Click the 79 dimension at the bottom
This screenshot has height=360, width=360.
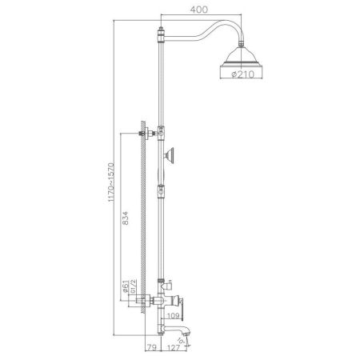coord(151,349)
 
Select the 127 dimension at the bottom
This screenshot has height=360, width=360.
coord(175,349)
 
